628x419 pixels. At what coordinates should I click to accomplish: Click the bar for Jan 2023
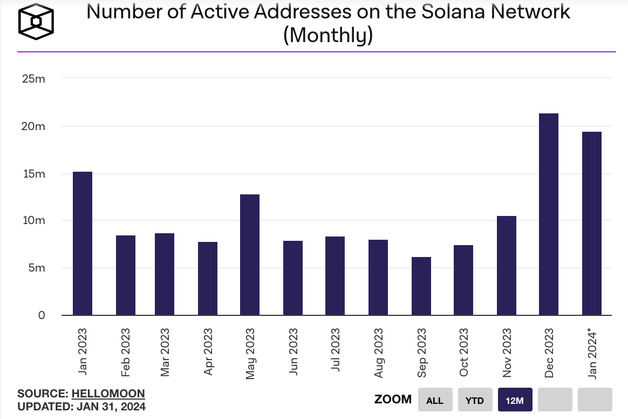[83, 243]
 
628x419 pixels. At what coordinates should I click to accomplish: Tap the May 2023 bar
[250, 254]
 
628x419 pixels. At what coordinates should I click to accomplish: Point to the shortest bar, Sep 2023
[421, 286]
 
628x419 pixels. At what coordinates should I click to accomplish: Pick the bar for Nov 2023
[507, 265]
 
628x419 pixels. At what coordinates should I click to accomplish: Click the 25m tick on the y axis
[33, 79]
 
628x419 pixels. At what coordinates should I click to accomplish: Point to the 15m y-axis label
[33, 174]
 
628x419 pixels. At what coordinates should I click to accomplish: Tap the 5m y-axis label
[37, 268]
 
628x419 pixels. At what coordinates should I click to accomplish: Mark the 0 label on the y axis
[41, 315]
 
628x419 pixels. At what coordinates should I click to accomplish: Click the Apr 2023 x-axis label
[208, 351]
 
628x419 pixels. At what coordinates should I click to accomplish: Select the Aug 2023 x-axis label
[378, 351]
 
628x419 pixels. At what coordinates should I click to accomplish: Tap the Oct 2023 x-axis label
[463, 351]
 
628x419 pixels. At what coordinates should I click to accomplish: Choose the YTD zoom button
[475, 400]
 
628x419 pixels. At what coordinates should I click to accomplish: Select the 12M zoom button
[515, 400]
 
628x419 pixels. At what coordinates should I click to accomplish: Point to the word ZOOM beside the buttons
[393, 400]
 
